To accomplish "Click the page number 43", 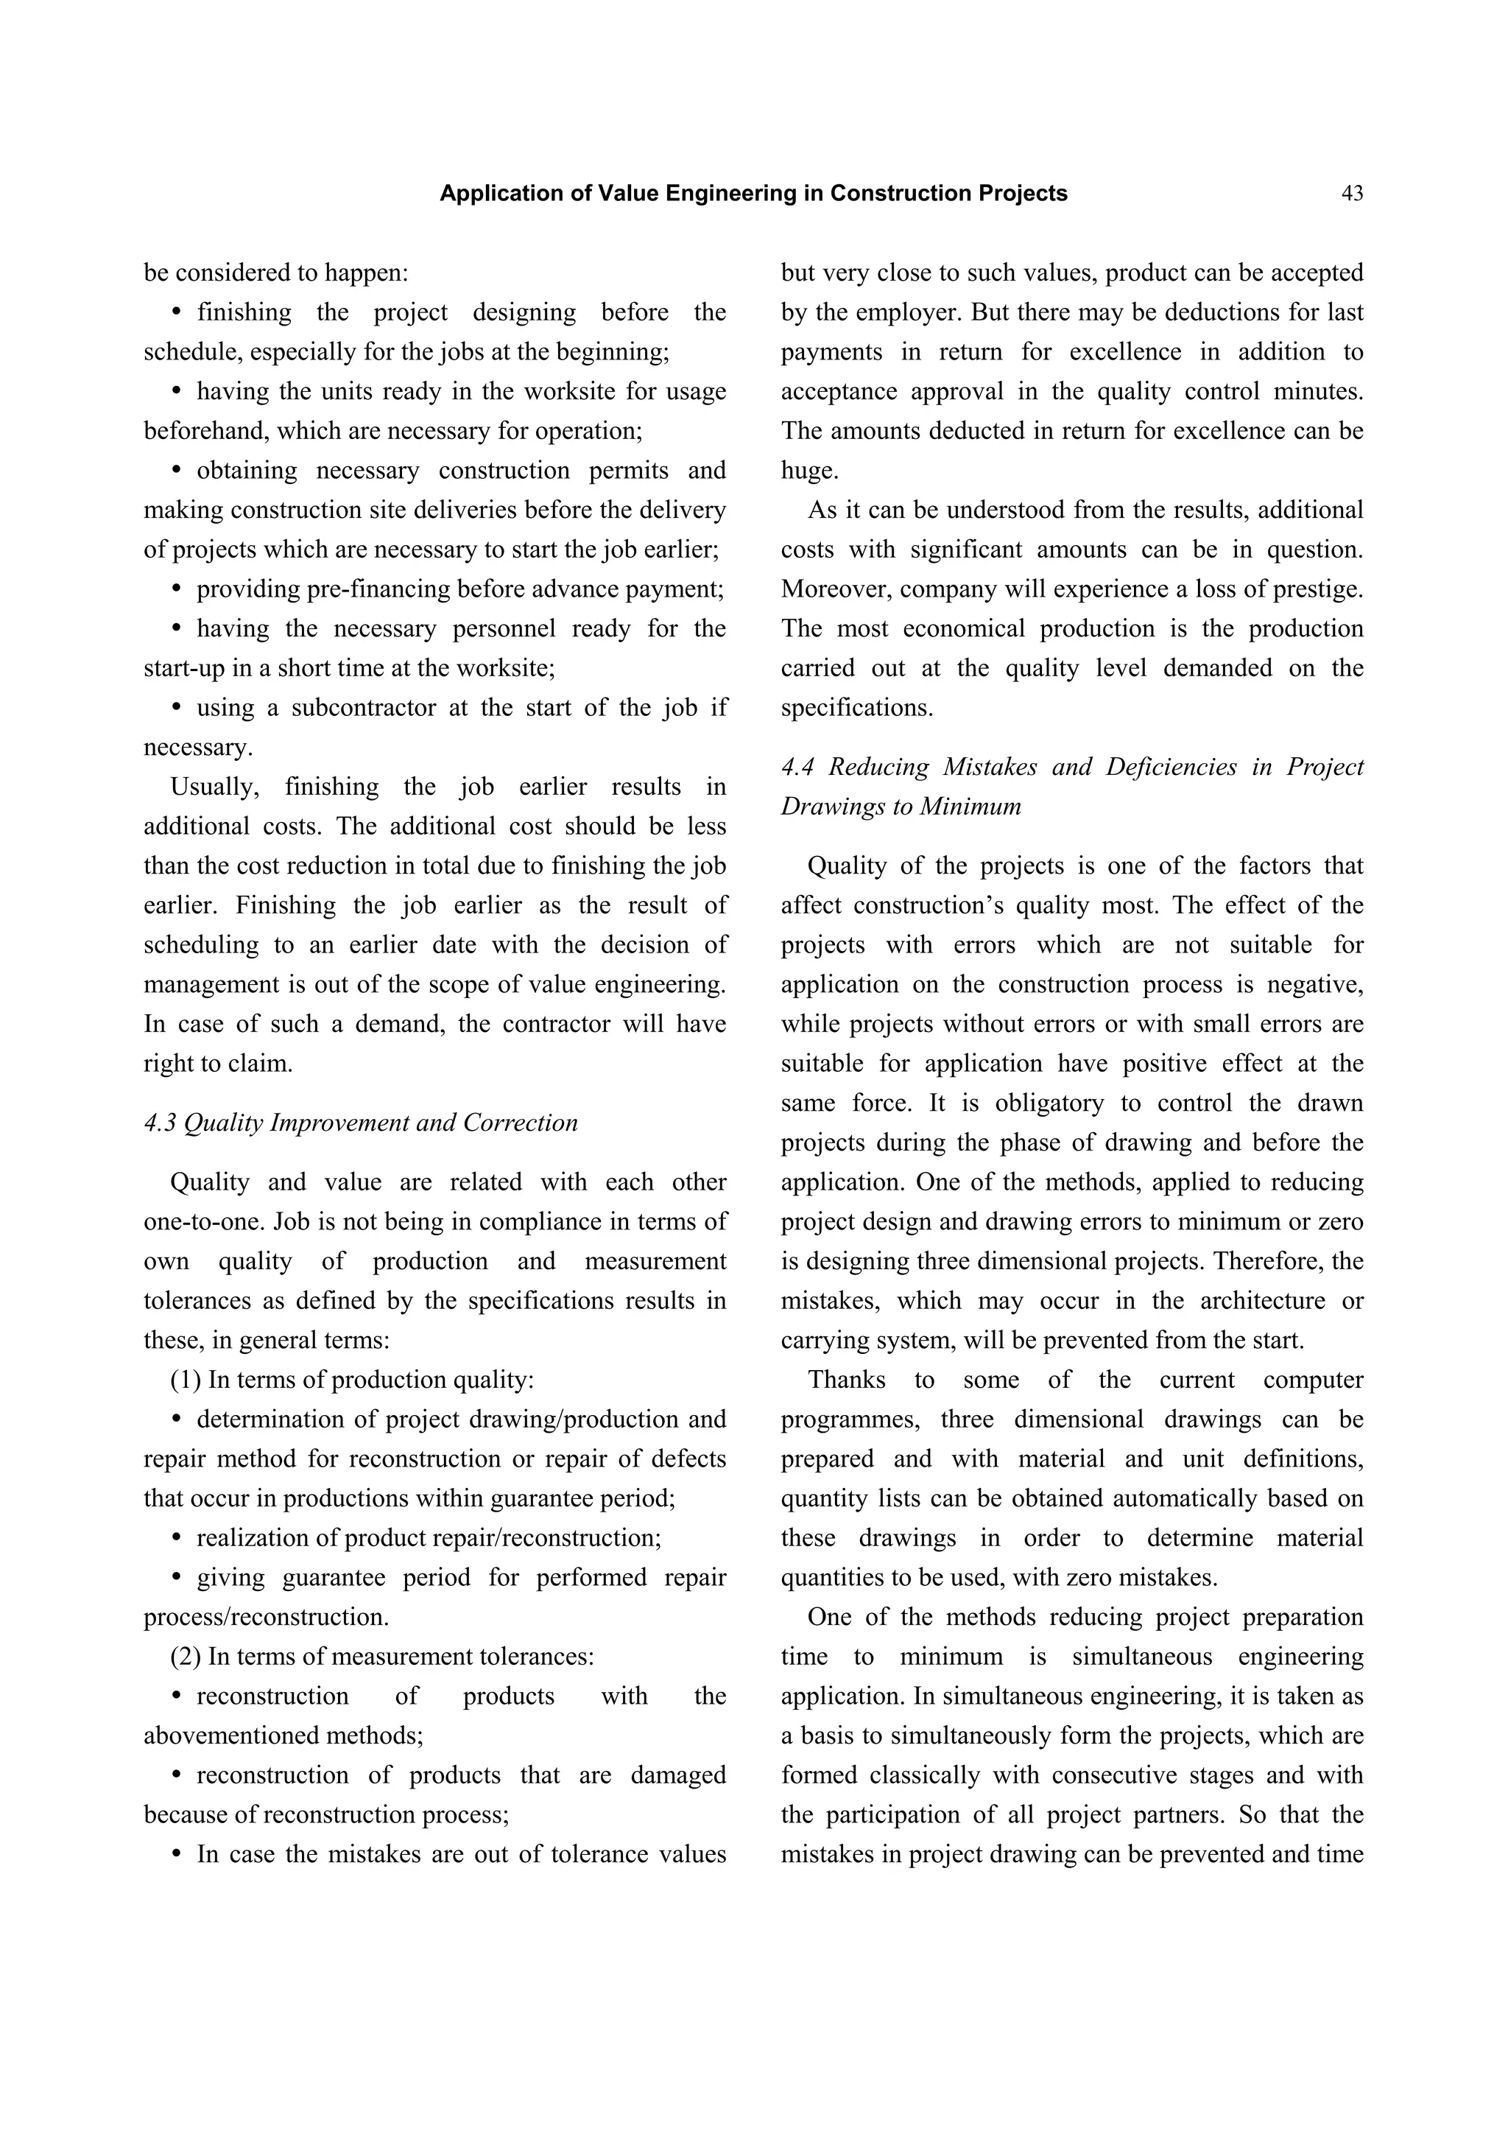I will tap(1352, 193).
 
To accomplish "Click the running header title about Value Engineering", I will tap(753, 193).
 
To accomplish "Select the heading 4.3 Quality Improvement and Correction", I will tap(361, 1123).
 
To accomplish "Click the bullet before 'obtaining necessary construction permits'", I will tap(177, 470).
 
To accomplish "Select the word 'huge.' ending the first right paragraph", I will tap(809, 470).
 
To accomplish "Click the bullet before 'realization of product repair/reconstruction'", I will tap(177, 1538).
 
